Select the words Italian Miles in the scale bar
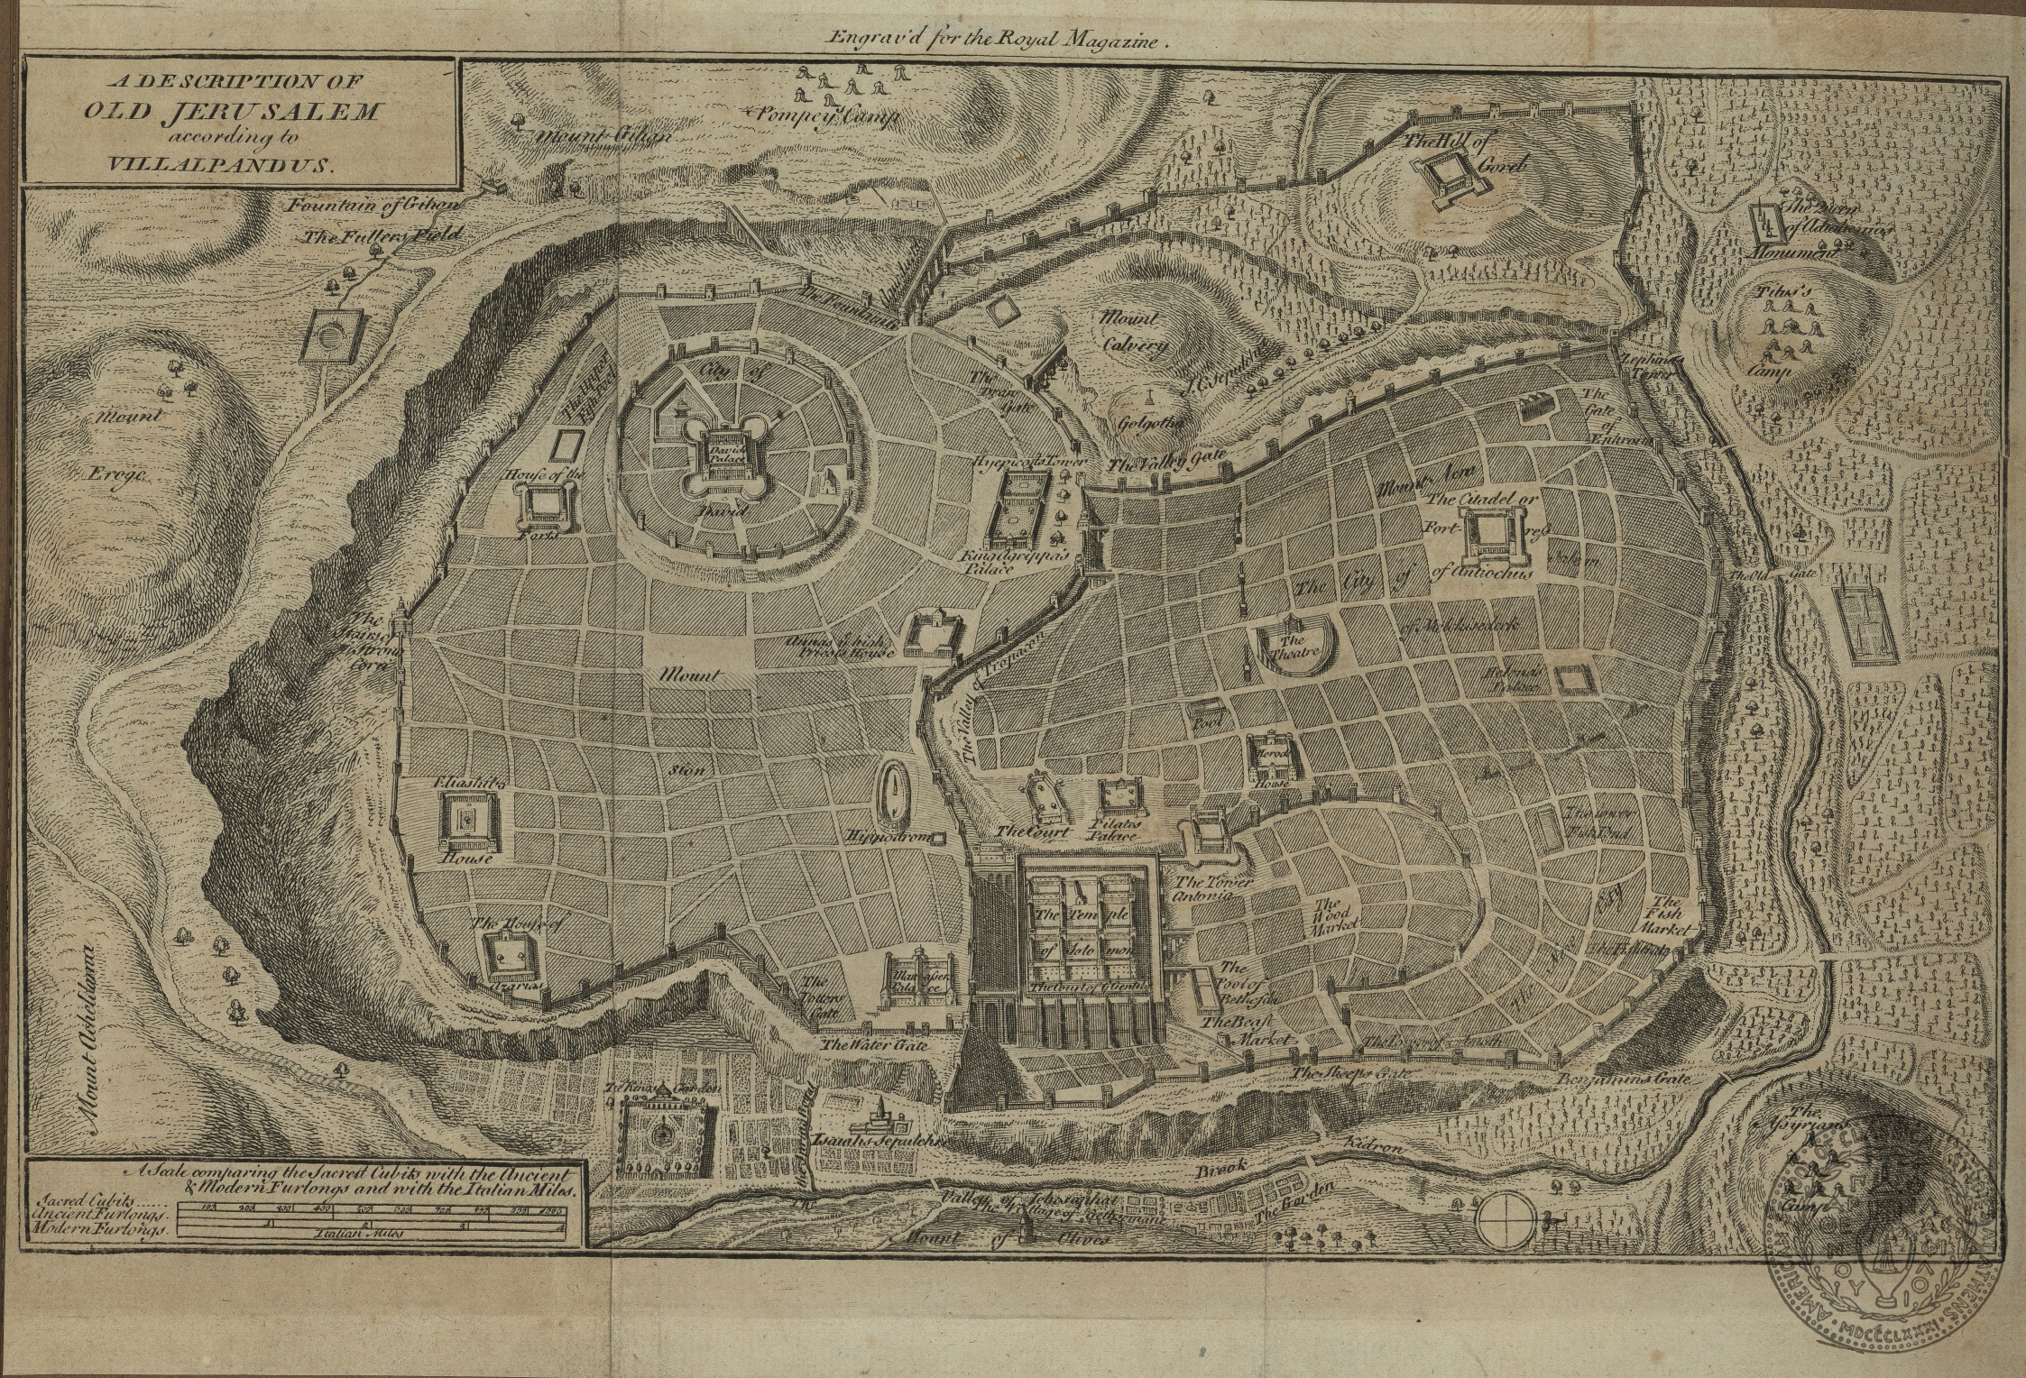(x=359, y=1233)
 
